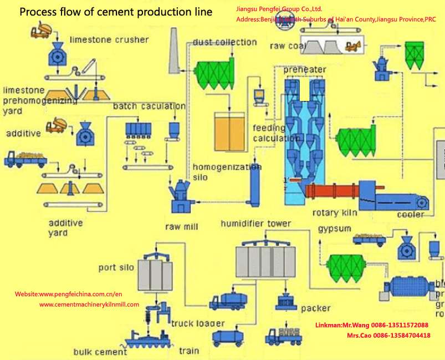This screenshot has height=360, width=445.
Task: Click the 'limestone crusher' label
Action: [109, 40]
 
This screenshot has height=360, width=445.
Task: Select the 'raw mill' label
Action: [182, 227]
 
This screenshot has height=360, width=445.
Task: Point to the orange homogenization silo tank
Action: [229, 132]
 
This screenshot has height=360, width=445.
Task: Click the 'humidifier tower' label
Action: [255, 224]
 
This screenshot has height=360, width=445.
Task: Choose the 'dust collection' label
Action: [224, 42]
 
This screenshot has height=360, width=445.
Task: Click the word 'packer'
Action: [315, 308]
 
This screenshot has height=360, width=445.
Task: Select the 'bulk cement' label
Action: [100, 352]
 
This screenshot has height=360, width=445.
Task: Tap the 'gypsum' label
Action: [334, 229]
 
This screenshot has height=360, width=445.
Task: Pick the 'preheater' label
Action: [304, 70]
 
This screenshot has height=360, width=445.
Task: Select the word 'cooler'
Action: [411, 215]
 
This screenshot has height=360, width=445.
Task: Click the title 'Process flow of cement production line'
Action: [116, 12]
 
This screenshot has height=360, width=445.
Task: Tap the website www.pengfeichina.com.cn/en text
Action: [68, 294]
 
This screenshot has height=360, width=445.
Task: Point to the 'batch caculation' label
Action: [149, 106]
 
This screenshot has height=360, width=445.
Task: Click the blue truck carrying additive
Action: [24, 160]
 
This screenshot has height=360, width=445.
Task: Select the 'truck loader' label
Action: [198, 323]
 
